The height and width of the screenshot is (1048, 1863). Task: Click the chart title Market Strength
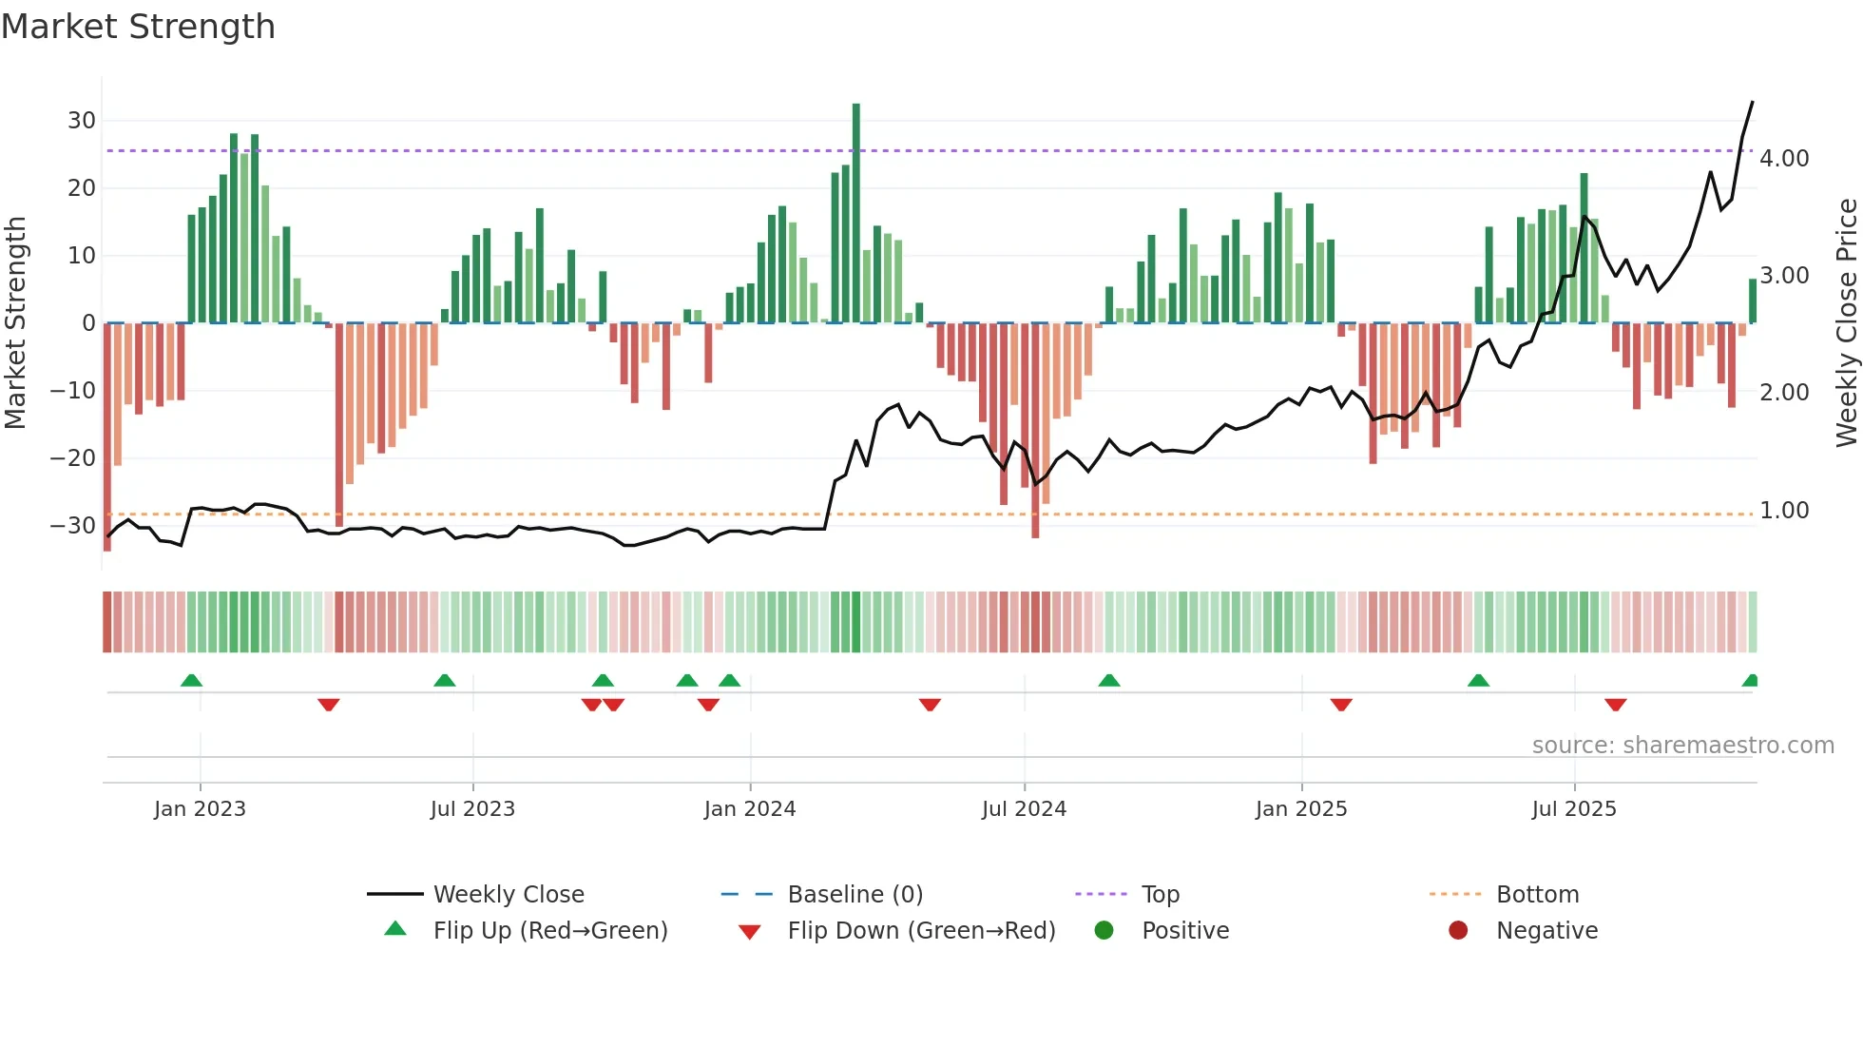[x=138, y=27]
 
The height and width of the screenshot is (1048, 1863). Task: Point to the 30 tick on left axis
[x=82, y=121]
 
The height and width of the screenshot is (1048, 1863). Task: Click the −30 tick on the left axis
[x=73, y=526]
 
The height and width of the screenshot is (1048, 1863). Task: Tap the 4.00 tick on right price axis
[x=1784, y=159]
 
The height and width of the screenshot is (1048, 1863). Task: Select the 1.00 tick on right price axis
[x=1784, y=511]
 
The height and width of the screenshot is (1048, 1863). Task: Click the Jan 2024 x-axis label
[x=750, y=809]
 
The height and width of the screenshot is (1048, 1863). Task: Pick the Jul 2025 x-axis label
[x=1574, y=809]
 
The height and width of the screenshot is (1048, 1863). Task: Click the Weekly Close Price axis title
[x=1846, y=323]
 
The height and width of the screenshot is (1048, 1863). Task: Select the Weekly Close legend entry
[x=509, y=895]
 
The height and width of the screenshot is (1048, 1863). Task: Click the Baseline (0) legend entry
[x=855, y=895]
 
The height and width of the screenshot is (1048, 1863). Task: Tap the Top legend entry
[x=1160, y=895]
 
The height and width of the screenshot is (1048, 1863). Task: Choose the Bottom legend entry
[x=1537, y=895]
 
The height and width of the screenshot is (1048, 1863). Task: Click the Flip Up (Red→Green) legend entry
[x=549, y=931]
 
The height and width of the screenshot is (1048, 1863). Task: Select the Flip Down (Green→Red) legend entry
[x=920, y=931]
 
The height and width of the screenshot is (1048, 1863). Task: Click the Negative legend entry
[x=1546, y=931]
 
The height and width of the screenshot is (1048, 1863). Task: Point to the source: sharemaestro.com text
[x=1682, y=746]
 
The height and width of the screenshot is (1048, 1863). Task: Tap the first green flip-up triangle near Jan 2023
[x=191, y=680]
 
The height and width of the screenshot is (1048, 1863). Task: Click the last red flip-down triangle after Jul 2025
[x=1615, y=705]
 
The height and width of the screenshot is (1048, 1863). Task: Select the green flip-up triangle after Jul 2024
[x=1108, y=680]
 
